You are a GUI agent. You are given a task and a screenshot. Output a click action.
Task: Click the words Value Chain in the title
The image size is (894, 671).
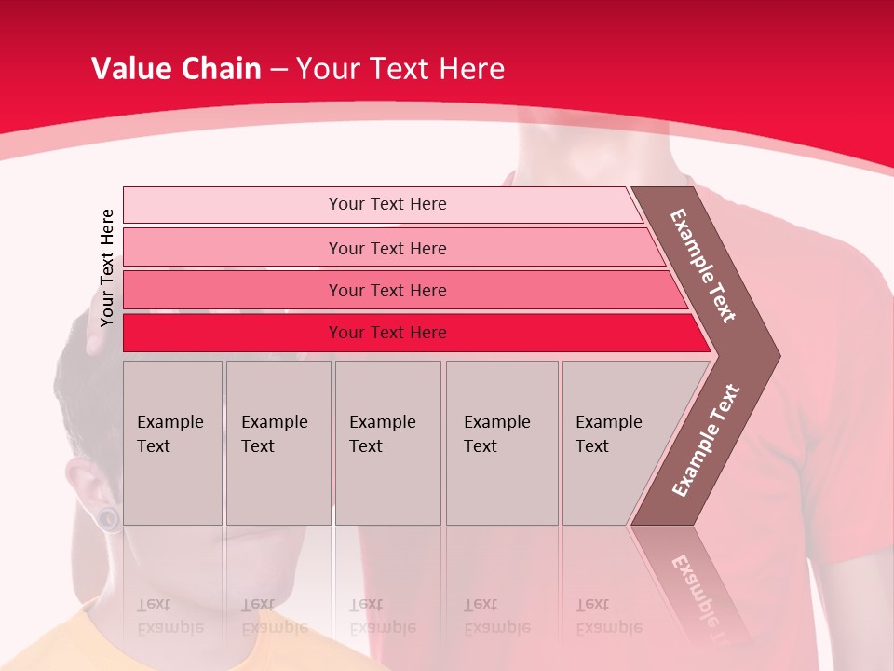click(176, 69)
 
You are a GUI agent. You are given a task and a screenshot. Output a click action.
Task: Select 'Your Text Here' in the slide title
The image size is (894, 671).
click(400, 69)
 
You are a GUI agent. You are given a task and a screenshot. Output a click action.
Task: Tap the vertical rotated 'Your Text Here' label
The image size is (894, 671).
click(107, 267)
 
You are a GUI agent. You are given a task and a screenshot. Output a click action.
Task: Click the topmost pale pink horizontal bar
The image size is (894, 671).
click(386, 204)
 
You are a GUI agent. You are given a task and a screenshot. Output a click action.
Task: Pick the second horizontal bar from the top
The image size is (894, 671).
click(386, 248)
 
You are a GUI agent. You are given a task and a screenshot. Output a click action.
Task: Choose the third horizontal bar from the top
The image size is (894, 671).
click(386, 290)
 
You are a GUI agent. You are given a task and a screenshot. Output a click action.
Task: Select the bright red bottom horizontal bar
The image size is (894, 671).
click(386, 333)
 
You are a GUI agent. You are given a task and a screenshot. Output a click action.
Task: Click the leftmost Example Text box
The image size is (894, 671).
click(172, 442)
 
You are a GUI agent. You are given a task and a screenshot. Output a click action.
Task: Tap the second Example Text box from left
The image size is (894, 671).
click(278, 442)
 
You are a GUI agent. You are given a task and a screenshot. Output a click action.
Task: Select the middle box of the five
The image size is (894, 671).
click(387, 442)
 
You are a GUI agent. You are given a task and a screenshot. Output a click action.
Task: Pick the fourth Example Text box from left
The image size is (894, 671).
click(501, 442)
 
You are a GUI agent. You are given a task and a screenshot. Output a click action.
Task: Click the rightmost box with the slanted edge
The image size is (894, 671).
click(615, 442)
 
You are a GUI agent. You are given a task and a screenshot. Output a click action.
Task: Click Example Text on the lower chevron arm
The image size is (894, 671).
click(706, 440)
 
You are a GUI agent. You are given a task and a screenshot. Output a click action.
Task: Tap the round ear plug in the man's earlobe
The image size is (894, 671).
click(110, 518)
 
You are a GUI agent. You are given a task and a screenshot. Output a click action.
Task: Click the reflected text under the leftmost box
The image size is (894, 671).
click(170, 616)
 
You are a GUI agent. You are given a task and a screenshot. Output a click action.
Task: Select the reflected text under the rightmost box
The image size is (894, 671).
click(609, 616)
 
